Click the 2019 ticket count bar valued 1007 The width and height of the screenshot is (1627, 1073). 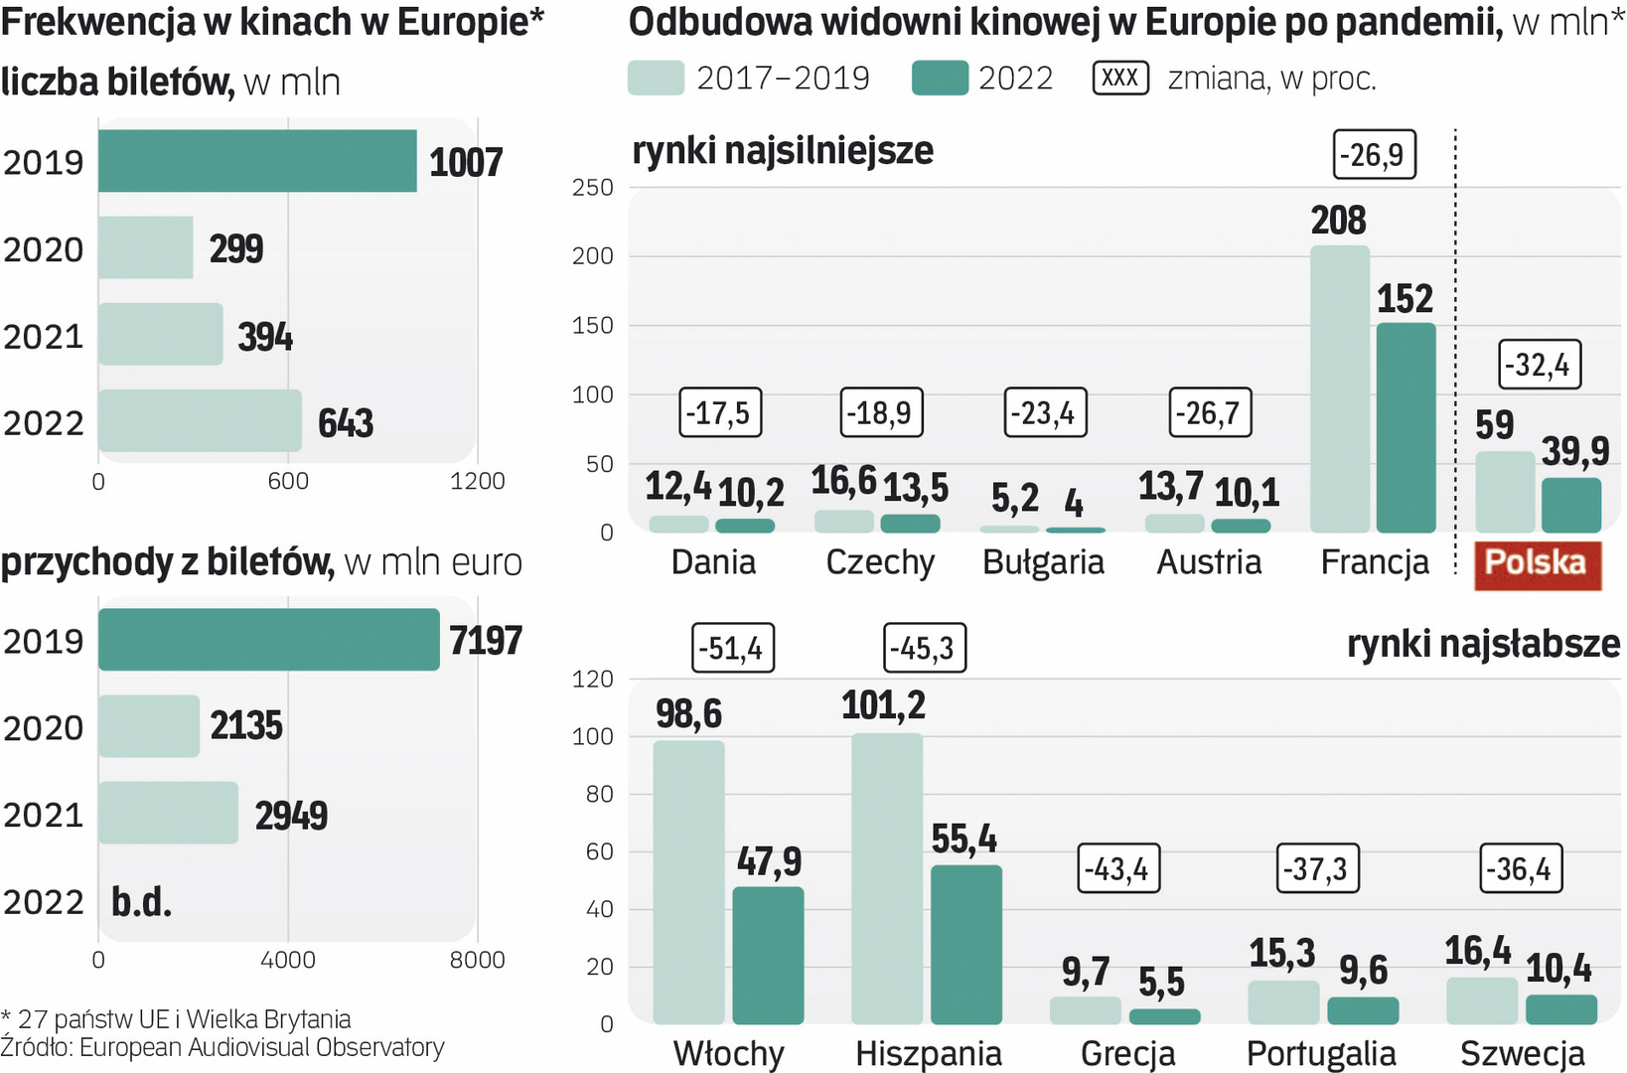click(x=257, y=161)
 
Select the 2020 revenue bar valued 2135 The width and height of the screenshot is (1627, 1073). click(x=149, y=726)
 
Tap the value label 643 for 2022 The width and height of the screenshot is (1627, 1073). click(x=346, y=423)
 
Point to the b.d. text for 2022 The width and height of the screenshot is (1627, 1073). click(x=141, y=902)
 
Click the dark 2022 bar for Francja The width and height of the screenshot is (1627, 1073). click(x=1405, y=427)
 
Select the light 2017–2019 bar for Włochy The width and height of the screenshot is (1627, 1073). click(x=688, y=882)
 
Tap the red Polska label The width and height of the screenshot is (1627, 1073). click(x=1537, y=563)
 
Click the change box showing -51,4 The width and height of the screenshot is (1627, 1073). click(x=732, y=649)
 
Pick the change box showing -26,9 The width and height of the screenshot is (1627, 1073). click(x=1373, y=155)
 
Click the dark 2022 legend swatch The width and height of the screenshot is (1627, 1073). click(x=940, y=77)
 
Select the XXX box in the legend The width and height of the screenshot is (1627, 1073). click(x=1120, y=77)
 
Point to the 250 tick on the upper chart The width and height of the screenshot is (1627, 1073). click(x=592, y=188)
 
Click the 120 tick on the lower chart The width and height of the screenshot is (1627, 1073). click(x=593, y=680)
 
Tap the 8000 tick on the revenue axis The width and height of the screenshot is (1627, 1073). click(x=477, y=960)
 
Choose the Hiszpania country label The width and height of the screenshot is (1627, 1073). click(x=929, y=1053)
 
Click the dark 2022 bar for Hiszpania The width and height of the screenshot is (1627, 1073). click(x=965, y=944)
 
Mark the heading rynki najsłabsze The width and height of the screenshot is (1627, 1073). click(x=1483, y=644)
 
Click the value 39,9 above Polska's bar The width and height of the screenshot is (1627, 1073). click(x=1574, y=452)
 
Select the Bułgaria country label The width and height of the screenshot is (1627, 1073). click(x=1043, y=562)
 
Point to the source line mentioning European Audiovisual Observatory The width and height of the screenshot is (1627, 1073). click(x=222, y=1048)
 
